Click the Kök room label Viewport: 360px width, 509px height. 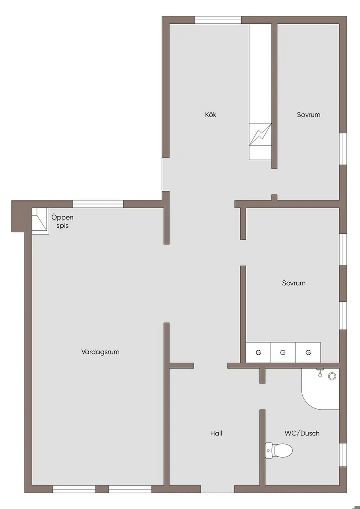210,115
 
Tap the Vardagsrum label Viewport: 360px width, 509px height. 100,352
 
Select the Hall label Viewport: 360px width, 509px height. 216,433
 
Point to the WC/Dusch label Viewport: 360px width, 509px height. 302,433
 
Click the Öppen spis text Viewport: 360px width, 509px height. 62,221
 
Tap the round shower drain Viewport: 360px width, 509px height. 332,376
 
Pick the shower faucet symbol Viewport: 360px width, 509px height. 320,373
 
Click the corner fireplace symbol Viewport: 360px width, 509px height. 41,221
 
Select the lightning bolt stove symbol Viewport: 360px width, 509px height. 261,134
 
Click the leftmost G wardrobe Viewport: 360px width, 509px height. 259,352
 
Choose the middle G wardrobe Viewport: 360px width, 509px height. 283,352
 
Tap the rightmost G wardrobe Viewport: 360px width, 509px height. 308,352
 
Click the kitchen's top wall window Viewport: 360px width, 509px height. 218,20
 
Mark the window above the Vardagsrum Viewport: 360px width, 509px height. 98,204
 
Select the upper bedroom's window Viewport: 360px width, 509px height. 343,149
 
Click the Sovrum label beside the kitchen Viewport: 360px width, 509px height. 309,115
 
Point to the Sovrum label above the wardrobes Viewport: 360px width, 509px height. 294,283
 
